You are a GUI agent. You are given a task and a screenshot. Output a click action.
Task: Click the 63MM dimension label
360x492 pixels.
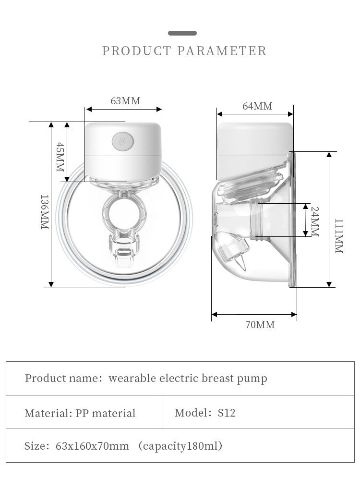pos(125,101)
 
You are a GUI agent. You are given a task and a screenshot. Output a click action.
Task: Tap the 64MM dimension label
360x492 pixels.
pos(257,106)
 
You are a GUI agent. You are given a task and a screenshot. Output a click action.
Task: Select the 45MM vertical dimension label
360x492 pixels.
pos(60,157)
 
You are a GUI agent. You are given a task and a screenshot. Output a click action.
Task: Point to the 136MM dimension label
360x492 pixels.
pos(45,212)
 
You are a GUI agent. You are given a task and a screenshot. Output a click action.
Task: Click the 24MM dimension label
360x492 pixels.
pos(314,221)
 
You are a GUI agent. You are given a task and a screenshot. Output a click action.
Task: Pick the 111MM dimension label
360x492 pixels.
pos(339,236)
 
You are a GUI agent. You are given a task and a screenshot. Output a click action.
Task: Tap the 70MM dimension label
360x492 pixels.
pos(260,325)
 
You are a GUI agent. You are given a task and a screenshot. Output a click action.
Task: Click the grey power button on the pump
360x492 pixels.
pos(123,141)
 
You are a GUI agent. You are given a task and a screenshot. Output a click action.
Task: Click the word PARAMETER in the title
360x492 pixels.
pos(222,51)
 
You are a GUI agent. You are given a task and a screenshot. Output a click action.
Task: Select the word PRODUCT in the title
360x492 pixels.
pos(137,51)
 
